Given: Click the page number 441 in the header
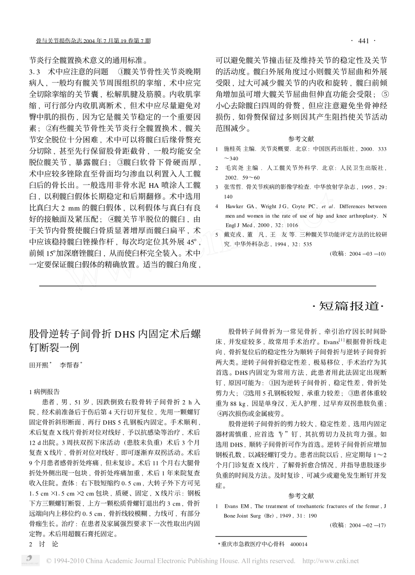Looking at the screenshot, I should [x=363, y=41].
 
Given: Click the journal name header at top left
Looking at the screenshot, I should [x=93, y=41].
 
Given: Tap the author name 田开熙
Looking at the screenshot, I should [x=39, y=365].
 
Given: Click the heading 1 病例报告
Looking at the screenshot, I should [x=44, y=391].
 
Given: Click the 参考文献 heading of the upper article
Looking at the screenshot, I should [x=301, y=139].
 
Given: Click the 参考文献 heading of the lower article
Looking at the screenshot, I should [x=301, y=496].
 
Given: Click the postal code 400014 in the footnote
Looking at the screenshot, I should [x=299, y=544].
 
